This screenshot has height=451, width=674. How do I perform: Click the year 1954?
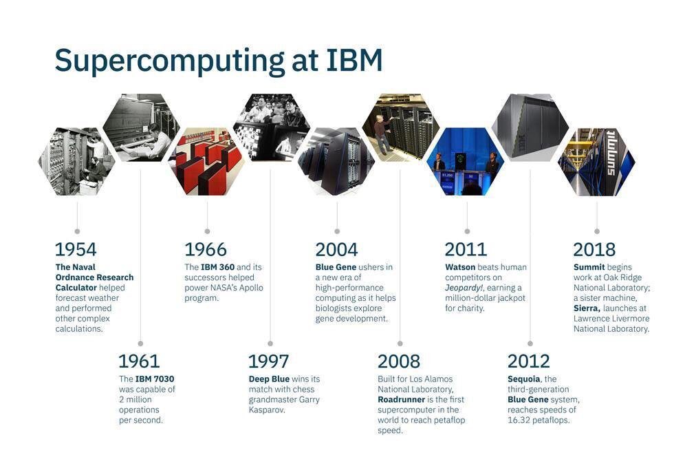[x=76, y=249]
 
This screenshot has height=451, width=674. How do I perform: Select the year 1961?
[x=139, y=361]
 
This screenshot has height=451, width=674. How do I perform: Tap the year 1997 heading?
[x=268, y=361]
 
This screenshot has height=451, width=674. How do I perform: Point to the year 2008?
[x=398, y=361]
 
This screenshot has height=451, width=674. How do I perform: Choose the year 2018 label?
[x=594, y=249]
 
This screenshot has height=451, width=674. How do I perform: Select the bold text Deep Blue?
[x=269, y=379]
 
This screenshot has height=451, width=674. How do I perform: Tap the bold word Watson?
[x=460, y=267]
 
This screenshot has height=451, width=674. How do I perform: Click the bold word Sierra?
[x=587, y=308]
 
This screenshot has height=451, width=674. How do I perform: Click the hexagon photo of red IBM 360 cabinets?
[x=207, y=161]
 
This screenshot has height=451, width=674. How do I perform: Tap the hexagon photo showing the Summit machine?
[x=596, y=161]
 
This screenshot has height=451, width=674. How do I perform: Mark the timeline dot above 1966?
[x=207, y=231]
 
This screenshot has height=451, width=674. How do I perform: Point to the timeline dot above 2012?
[x=530, y=343]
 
